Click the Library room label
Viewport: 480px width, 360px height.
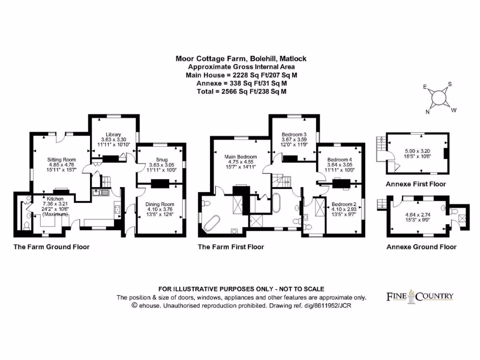pyautogui.click(x=113, y=134)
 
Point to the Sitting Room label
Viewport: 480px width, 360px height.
pyautogui.click(x=58, y=160)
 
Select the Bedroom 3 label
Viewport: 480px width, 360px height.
pyautogui.click(x=294, y=134)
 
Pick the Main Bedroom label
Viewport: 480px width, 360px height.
pyautogui.click(x=240, y=157)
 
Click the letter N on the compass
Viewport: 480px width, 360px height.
pyautogui.click(x=427, y=112)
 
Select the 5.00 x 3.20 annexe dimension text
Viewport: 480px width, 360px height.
pyautogui.click(x=417, y=151)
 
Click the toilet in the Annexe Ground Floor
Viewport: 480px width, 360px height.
pyautogui.click(x=443, y=207)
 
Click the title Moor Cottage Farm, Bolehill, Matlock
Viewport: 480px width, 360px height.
pyautogui.click(x=241, y=59)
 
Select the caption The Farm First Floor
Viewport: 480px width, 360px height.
pyautogui.click(x=231, y=247)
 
